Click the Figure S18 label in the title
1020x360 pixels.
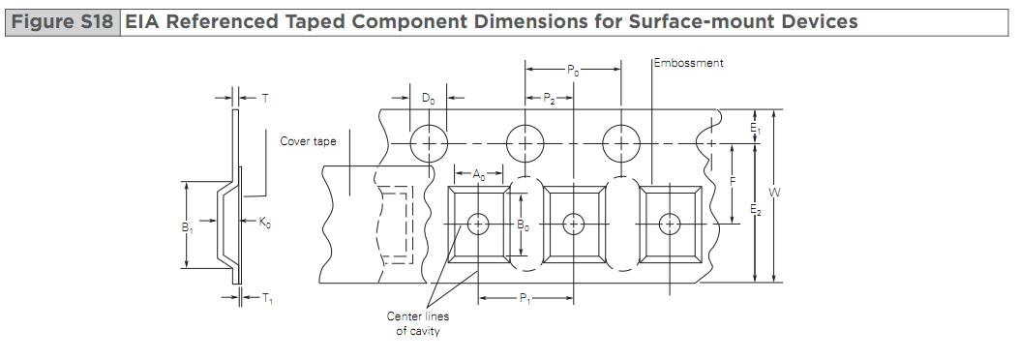tap(63, 22)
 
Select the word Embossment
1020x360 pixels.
tap(689, 63)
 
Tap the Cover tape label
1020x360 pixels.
tap(309, 141)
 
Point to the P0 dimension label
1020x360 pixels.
tap(573, 70)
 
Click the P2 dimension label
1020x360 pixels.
tap(549, 99)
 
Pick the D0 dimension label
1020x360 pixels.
tap(428, 99)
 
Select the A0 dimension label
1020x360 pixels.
tap(479, 174)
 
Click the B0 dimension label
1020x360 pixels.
tap(523, 225)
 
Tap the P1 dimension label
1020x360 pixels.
tap(525, 299)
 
